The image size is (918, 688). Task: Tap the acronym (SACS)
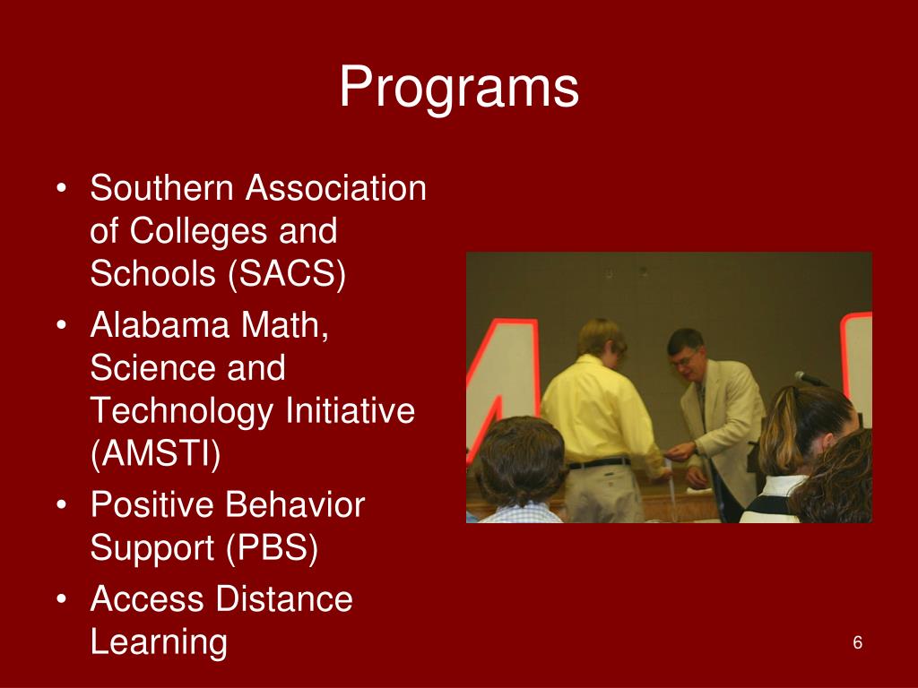coord(287,275)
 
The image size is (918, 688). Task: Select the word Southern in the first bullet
coord(163,189)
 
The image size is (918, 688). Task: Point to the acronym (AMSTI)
coord(155,454)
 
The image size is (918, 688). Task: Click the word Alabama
coord(157,325)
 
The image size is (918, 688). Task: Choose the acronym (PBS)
coord(273,549)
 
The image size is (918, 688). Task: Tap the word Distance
coord(285,598)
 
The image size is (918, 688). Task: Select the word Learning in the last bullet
coord(159,642)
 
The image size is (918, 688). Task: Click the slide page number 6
coord(857,643)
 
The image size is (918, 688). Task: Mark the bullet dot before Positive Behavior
coord(61,507)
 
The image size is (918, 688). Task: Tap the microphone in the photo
coord(810,379)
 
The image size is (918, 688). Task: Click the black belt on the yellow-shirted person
coord(598,463)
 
